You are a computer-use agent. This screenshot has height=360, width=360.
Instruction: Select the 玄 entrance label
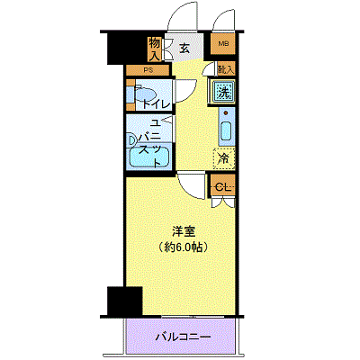click(x=184, y=49)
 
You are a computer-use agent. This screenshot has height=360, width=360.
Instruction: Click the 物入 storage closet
click(x=156, y=49)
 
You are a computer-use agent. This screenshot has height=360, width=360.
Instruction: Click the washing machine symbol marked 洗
click(x=222, y=91)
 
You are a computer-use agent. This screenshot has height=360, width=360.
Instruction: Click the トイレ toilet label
click(x=160, y=103)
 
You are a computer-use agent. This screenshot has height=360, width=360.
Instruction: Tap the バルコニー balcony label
click(x=183, y=337)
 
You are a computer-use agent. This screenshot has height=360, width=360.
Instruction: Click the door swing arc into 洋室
click(x=192, y=184)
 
